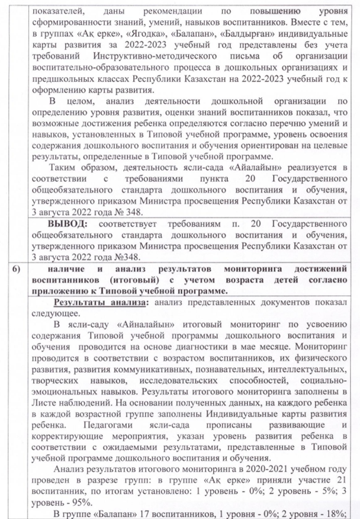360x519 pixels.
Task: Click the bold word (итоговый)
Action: coord(128,280)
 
